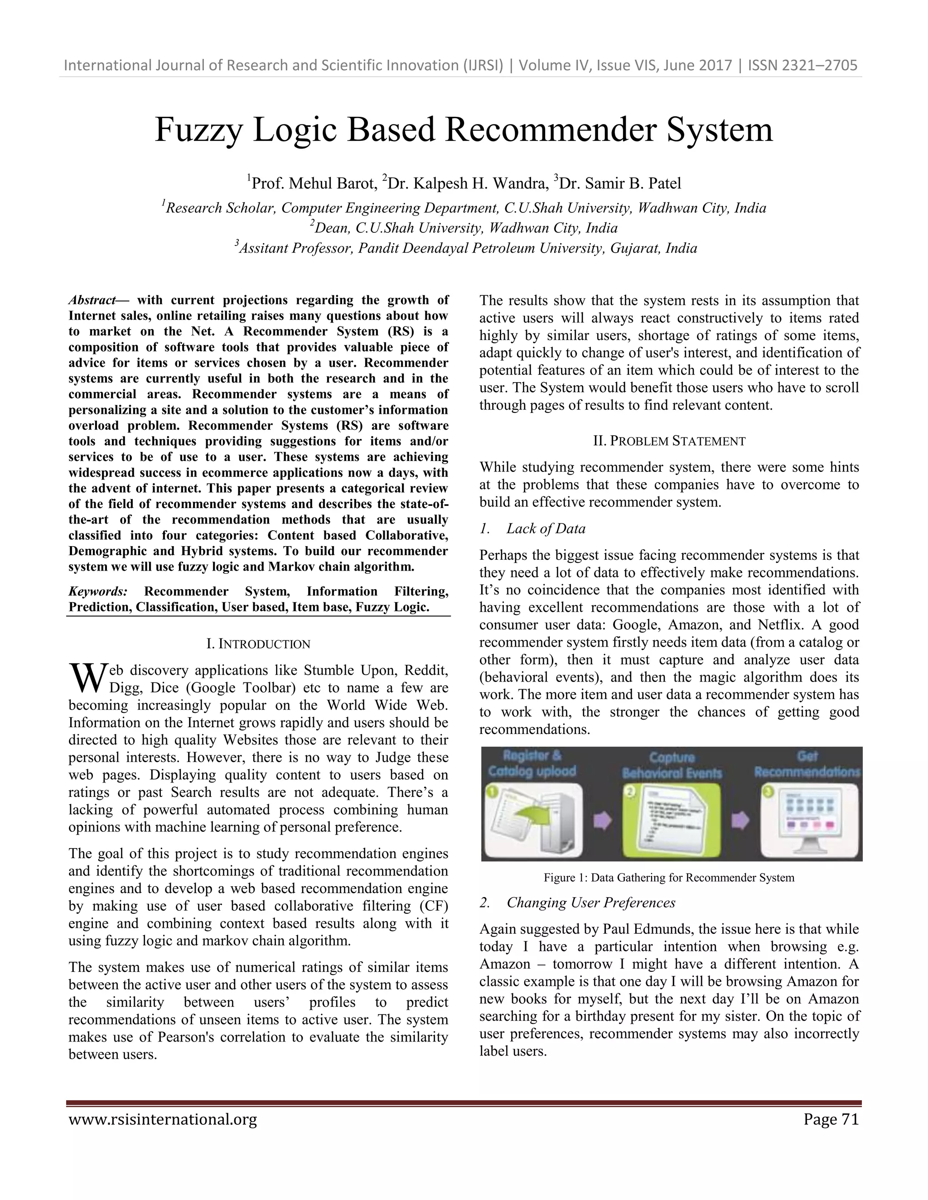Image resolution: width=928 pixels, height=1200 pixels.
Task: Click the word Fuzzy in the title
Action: [198, 131]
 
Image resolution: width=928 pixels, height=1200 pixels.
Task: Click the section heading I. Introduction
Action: [258, 643]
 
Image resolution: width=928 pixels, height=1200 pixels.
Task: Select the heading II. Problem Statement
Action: [669, 441]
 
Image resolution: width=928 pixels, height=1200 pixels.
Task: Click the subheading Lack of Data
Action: [546, 528]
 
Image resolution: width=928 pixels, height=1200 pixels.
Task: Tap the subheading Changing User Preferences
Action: [590, 903]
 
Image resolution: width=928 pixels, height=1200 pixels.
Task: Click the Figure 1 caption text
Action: [668, 878]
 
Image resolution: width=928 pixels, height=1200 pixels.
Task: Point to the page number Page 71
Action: [831, 1119]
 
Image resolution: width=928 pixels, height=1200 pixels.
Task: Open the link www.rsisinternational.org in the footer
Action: [163, 1119]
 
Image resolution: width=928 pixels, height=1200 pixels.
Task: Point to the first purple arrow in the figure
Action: [603, 821]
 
